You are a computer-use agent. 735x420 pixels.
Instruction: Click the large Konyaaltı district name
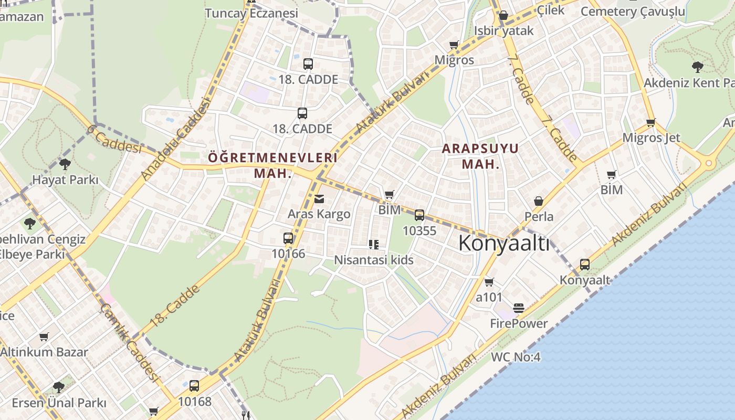point(504,244)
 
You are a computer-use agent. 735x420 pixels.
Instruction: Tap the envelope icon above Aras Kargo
point(319,199)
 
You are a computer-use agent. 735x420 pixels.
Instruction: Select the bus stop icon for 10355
point(419,215)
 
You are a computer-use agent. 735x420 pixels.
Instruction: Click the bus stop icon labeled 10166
point(288,238)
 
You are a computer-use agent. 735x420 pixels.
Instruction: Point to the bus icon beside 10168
point(194,386)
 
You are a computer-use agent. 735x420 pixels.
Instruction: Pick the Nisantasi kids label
point(374,260)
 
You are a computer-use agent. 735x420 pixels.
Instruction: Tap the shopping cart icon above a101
point(489,282)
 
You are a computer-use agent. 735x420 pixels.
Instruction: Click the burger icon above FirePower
point(519,308)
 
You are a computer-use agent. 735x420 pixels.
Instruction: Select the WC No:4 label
point(516,357)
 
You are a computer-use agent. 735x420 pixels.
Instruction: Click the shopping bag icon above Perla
point(539,201)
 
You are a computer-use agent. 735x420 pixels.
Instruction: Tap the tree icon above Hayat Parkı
point(65,164)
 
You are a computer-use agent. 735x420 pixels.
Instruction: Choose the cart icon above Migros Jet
point(650,123)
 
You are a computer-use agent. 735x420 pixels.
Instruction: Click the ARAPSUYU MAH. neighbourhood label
point(480,156)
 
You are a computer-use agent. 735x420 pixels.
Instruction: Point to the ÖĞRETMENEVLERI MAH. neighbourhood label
point(272,165)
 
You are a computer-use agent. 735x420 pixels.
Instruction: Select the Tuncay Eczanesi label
point(251,13)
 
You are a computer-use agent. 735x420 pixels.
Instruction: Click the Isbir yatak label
point(503,30)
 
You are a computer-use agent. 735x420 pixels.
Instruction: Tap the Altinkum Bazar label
point(44,352)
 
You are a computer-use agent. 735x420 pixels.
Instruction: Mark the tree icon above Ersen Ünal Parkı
point(59,387)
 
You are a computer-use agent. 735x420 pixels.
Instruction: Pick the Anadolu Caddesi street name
point(176,139)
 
